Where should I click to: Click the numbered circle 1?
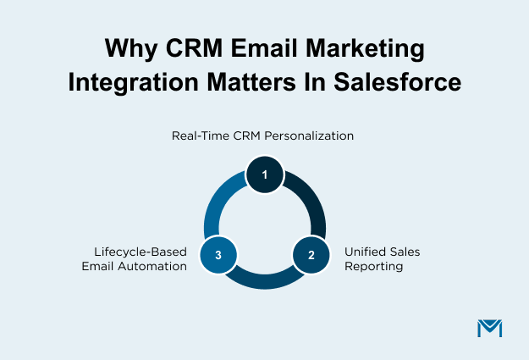click(x=265, y=175)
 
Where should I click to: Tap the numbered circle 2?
click(x=311, y=254)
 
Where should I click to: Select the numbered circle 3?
click(x=218, y=254)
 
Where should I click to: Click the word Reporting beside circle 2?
click(x=373, y=266)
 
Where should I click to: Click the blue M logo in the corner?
click(x=490, y=327)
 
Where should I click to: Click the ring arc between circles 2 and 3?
click(x=265, y=283)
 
